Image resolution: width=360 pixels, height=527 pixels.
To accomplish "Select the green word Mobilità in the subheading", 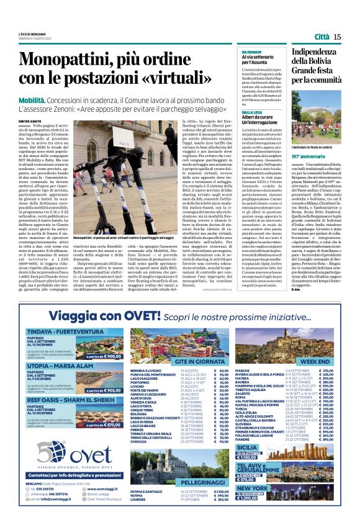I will [x=32, y=99].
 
